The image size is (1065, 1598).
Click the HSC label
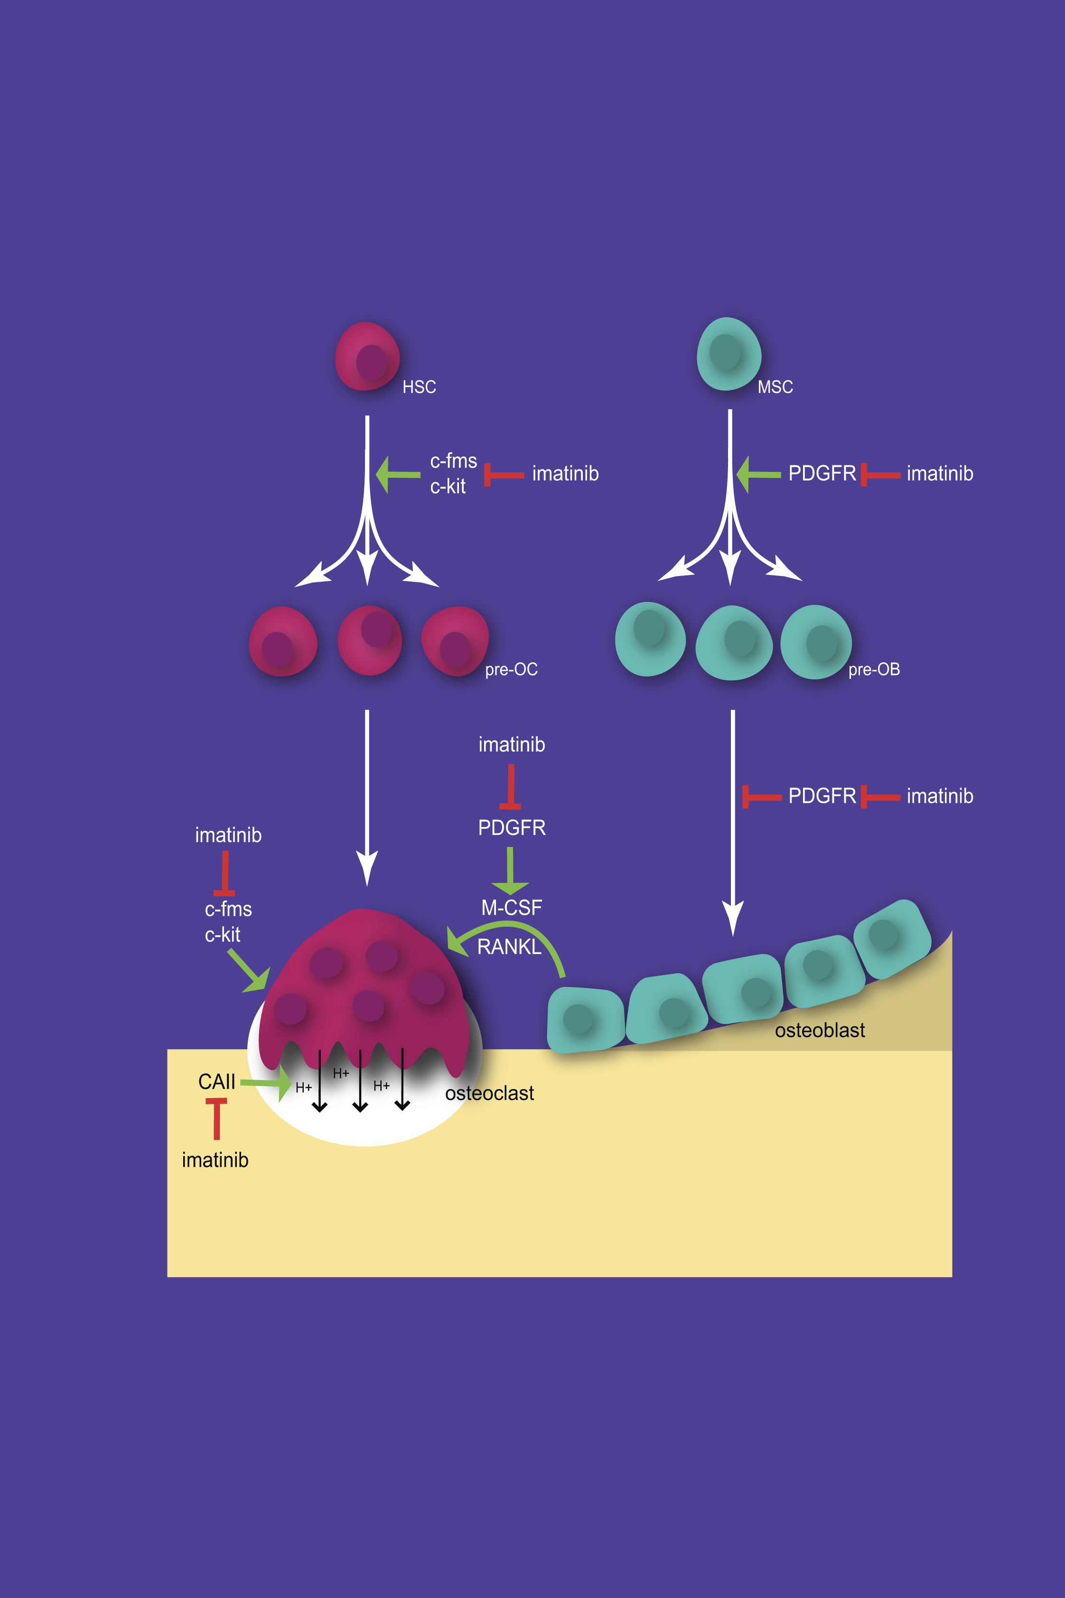coord(419,387)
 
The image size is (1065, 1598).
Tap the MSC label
coord(775,387)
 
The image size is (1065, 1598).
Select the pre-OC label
coord(511,670)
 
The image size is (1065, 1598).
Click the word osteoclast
coord(489,1093)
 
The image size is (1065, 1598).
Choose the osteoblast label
coord(819,1031)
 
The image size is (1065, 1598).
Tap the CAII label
coord(217,1081)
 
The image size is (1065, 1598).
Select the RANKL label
coord(509,947)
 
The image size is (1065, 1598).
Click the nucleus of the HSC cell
coord(372,362)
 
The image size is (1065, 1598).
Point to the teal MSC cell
coord(729,354)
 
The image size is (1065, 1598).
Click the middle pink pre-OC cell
coord(370,641)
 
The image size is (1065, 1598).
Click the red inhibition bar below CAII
coord(217,1118)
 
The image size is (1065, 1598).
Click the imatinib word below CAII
coord(215,1160)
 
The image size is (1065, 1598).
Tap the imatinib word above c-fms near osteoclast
coord(228,835)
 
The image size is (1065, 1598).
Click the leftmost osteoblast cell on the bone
coord(585,1019)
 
